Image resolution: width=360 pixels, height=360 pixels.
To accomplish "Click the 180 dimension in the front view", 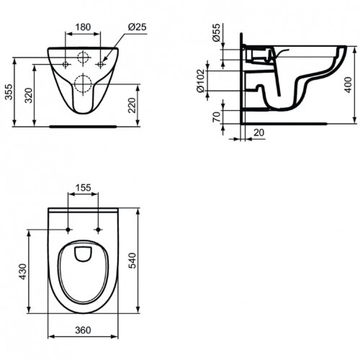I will point(84,27).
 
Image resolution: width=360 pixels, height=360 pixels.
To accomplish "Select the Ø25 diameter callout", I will point(137,27).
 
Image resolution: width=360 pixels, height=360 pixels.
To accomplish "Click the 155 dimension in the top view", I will point(84,187).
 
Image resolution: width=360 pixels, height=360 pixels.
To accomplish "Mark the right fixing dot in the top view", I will point(98,229).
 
